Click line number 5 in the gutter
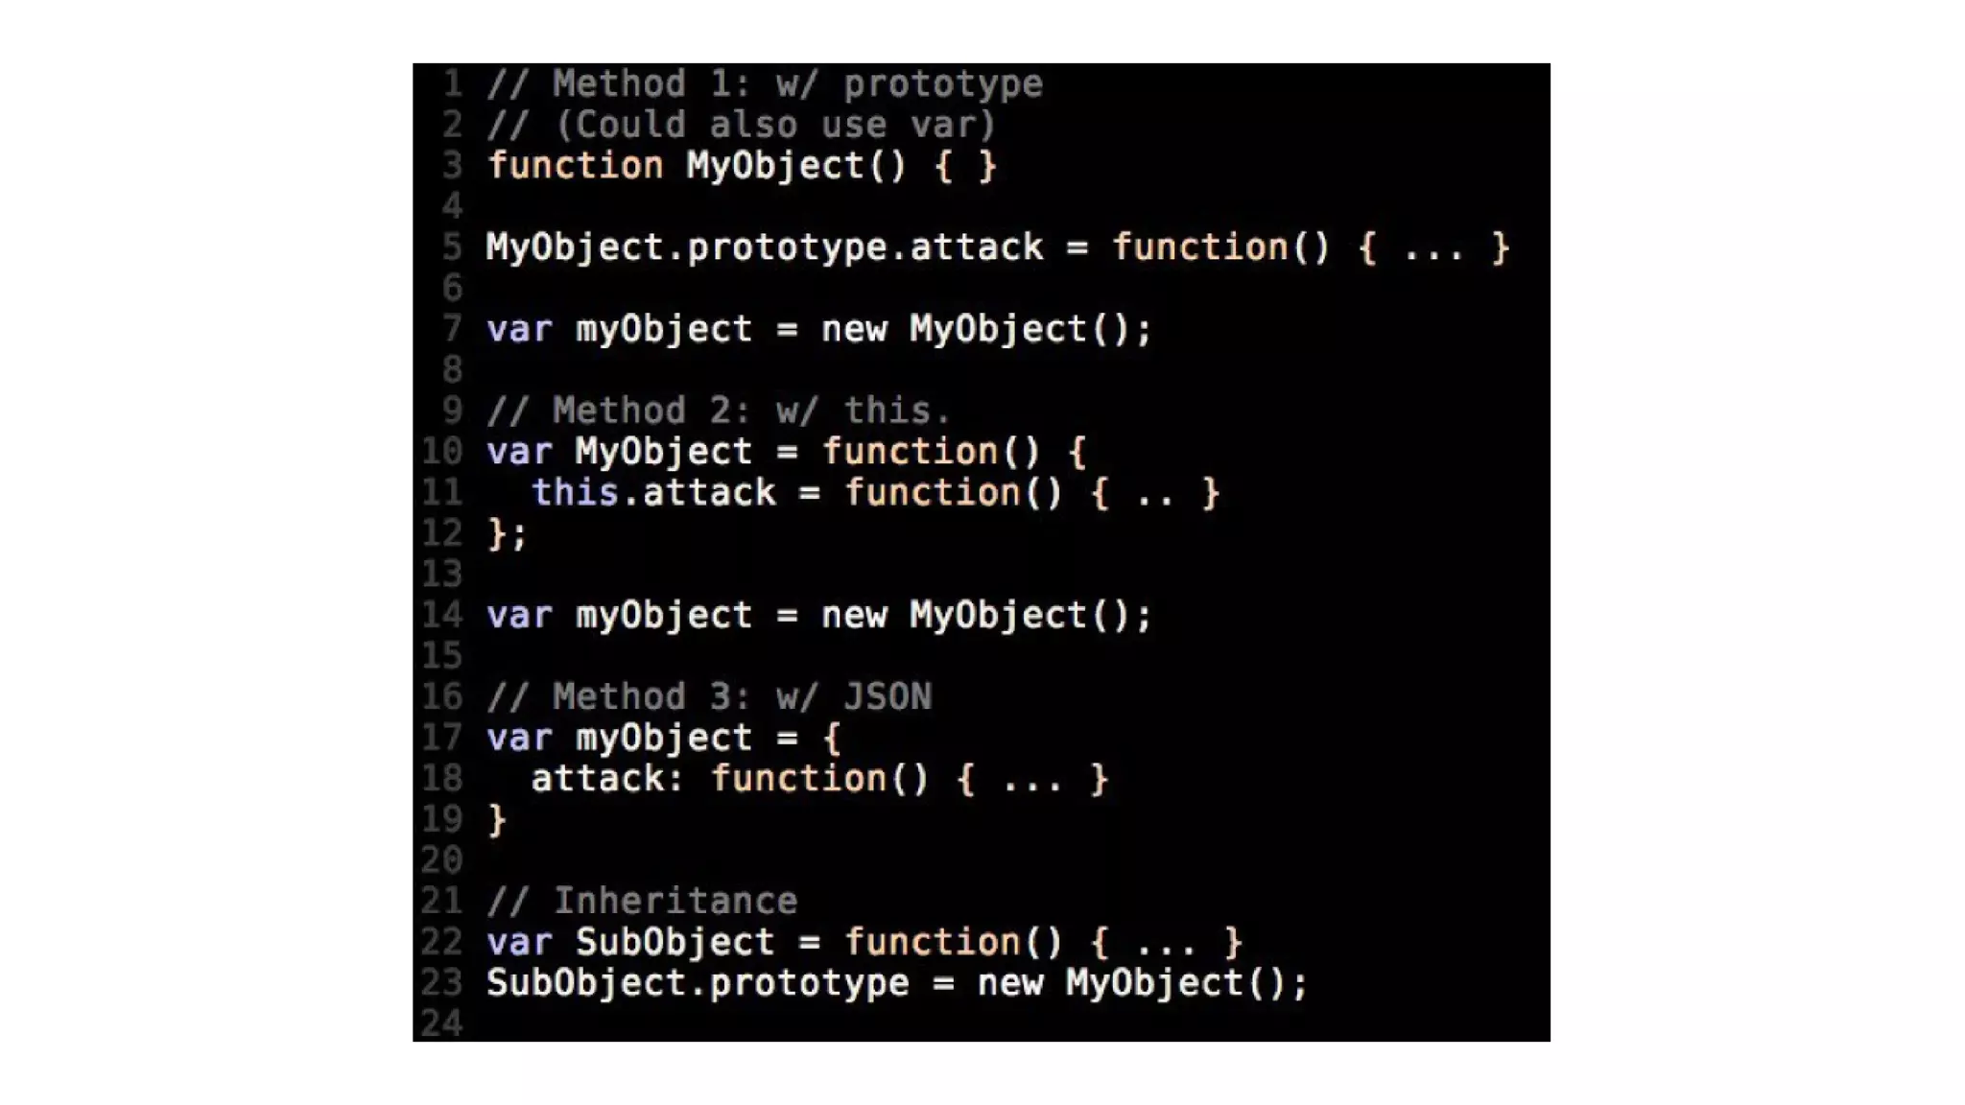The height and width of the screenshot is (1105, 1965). point(452,247)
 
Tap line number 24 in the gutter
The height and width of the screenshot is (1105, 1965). point(441,1023)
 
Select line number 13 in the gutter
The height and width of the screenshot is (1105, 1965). point(441,575)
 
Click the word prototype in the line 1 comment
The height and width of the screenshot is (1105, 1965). point(942,84)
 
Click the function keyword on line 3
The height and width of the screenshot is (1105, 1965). point(575,166)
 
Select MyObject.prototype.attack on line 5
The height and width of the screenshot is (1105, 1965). point(764,247)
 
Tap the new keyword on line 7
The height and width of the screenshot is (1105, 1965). point(854,330)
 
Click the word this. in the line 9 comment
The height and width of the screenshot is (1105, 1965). point(897,411)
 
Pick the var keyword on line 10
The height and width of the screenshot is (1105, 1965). point(519,452)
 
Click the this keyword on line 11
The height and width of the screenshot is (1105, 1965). point(575,493)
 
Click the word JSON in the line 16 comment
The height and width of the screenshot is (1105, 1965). point(888,697)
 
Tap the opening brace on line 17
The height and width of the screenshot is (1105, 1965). point(832,739)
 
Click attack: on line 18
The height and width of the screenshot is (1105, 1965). point(606,779)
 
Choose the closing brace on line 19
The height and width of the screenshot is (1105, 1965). point(497,820)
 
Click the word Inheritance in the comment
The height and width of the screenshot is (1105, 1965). point(675,902)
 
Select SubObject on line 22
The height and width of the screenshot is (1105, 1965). point(675,943)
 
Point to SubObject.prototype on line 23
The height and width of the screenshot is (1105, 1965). point(698,983)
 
